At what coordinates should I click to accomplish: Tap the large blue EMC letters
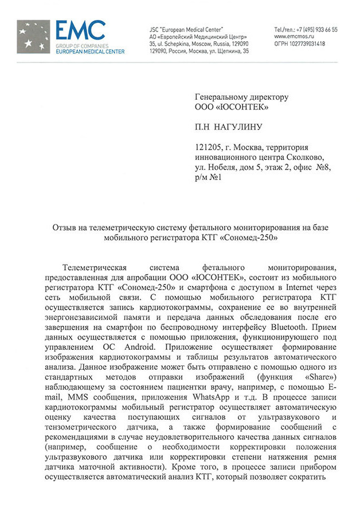pyautogui.click(x=80, y=30)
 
